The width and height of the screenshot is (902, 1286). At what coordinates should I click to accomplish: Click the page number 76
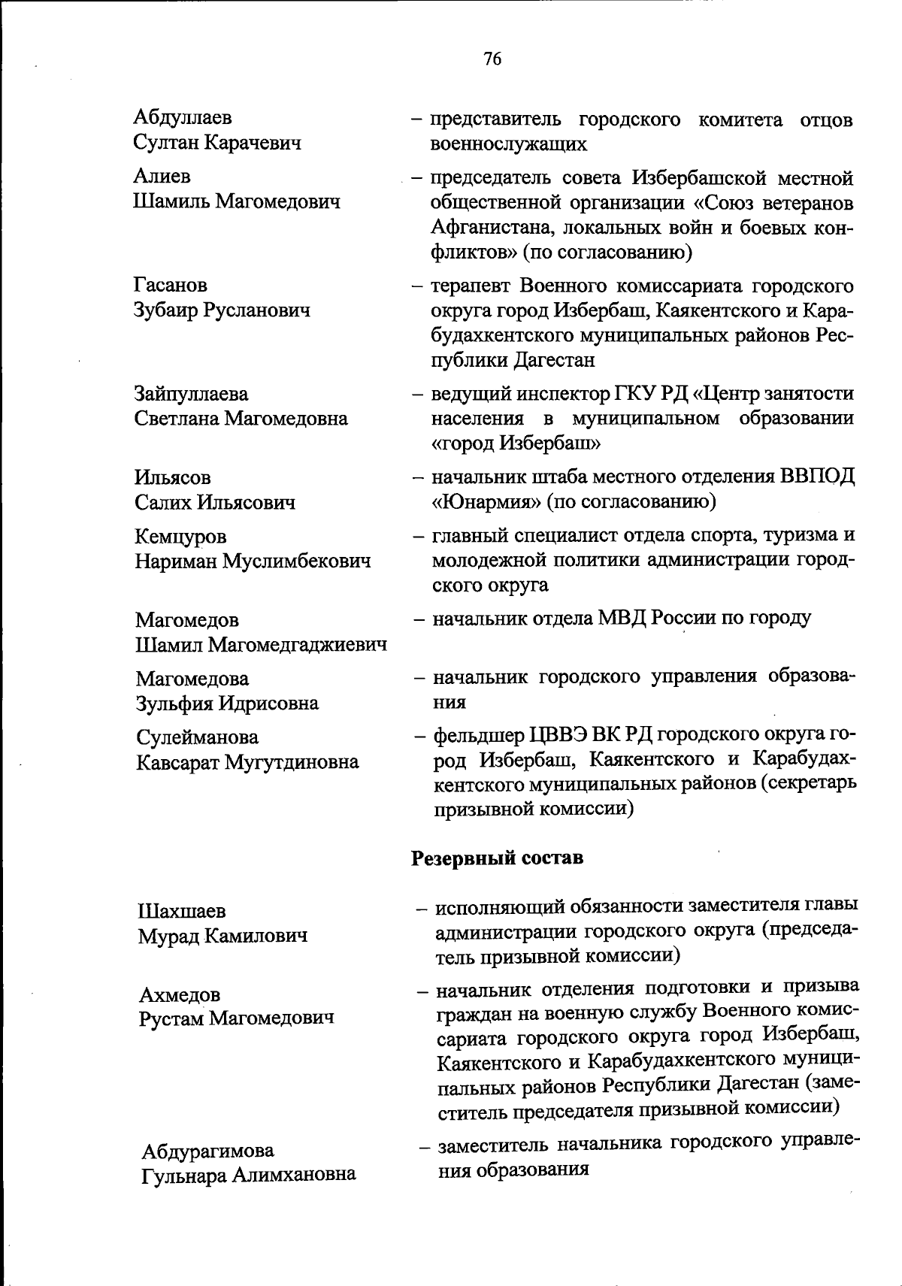(x=493, y=59)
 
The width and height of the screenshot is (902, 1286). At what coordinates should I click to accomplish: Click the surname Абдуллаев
(x=183, y=117)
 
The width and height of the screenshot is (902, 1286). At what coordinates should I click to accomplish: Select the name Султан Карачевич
(x=217, y=142)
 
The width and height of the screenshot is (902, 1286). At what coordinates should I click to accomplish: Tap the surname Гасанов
(x=171, y=286)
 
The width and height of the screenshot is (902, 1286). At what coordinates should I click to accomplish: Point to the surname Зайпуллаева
(x=191, y=394)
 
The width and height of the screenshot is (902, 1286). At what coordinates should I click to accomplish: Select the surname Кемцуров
(x=180, y=537)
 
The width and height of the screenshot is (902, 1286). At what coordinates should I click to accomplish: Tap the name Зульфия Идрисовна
(x=226, y=704)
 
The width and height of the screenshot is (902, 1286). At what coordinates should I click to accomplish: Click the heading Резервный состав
(x=497, y=858)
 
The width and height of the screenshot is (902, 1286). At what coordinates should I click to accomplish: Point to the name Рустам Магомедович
(x=235, y=1019)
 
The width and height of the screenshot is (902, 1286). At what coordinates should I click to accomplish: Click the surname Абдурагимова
(x=208, y=1151)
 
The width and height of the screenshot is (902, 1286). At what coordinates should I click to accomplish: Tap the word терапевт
(x=471, y=286)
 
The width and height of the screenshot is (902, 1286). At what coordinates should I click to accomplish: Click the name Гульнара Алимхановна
(x=249, y=1175)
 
